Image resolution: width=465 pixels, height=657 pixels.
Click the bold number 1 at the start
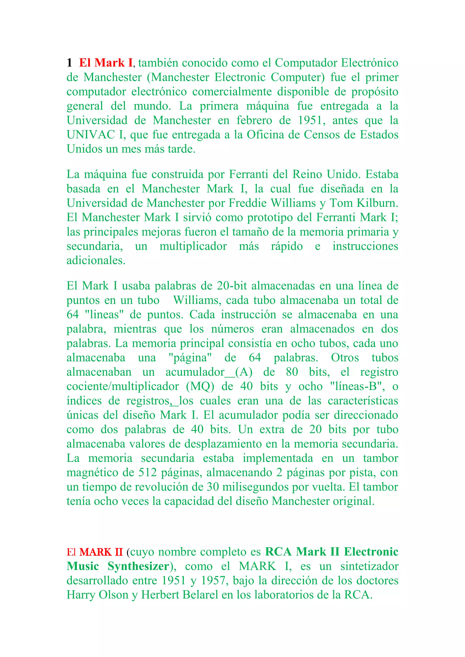pos(69,63)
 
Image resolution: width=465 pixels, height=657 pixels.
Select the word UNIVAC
pos(91,135)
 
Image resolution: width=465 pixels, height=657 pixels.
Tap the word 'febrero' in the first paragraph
pos(254,120)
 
